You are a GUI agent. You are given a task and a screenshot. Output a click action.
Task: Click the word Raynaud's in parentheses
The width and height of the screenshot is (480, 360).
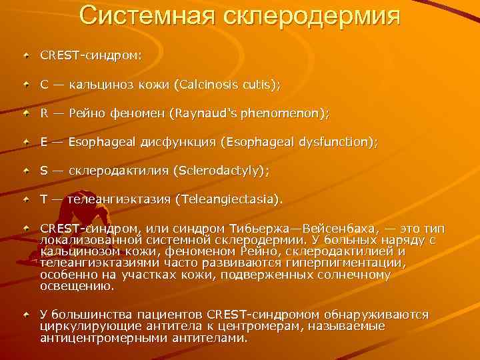[x=202, y=114]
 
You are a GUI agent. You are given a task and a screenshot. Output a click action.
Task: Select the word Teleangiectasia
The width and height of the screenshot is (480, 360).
[x=227, y=199]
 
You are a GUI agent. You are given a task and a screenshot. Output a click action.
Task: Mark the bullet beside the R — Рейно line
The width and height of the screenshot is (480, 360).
[x=25, y=114]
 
